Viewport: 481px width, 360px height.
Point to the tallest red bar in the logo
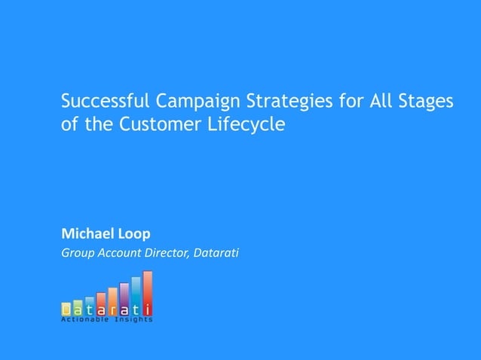[x=148, y=293]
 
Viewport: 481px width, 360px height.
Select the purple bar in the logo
[x=124, y=298]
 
